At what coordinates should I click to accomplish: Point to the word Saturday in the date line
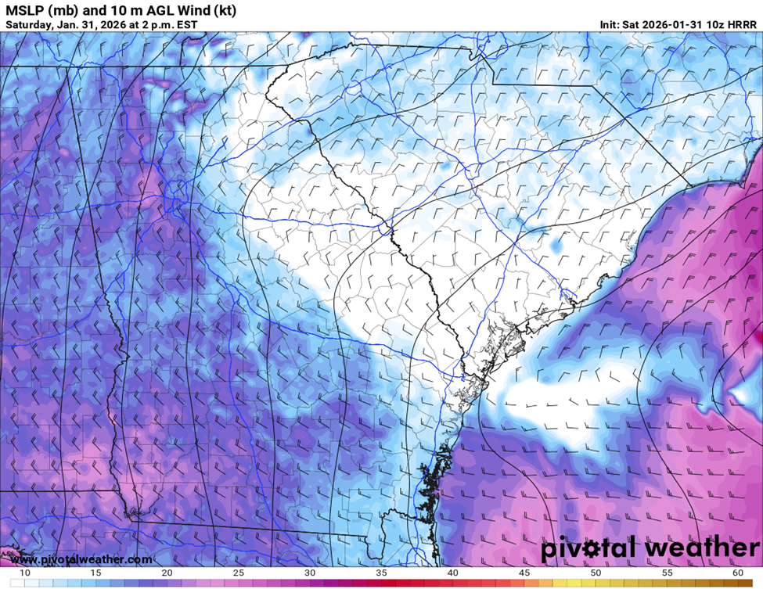pos(29,24)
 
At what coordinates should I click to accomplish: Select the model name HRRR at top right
pos(740,24)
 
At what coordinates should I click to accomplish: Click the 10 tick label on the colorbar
pos(25,573)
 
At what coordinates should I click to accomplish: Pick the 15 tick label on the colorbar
pos(96,573)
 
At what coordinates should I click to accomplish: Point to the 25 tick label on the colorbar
pos(239,573)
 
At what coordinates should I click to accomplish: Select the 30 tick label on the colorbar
pos(310,573)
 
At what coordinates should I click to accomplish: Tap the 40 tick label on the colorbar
pos(453,573)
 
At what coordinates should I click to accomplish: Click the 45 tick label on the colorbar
pos(524,573)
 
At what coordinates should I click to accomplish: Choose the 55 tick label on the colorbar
pos(667,573)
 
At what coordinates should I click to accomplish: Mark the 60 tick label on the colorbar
pos(738,573)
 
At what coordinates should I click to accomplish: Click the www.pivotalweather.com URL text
pos(81,559)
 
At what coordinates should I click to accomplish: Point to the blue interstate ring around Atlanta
pos(175,190)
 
